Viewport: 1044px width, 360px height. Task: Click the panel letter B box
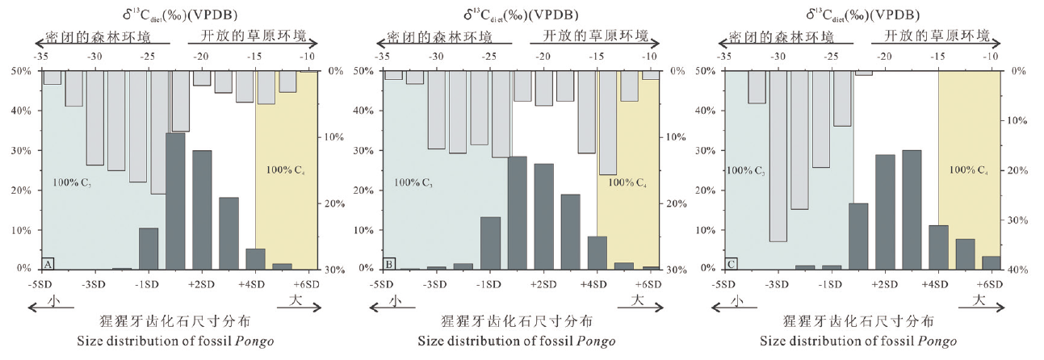pyautogui.click(x=389, y=262)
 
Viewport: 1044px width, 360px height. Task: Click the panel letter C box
pyautogui.click(x=732, y=262)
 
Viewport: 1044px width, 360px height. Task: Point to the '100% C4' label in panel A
pyautogui.click(x=286, y=170)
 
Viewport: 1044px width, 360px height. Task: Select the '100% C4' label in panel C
pyautogui.click(x=969, y=170)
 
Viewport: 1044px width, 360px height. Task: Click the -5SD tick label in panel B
pyautogui.click(x=384, y=285)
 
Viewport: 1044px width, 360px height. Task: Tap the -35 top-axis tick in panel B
pyautogui.click(x=384, y=56)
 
